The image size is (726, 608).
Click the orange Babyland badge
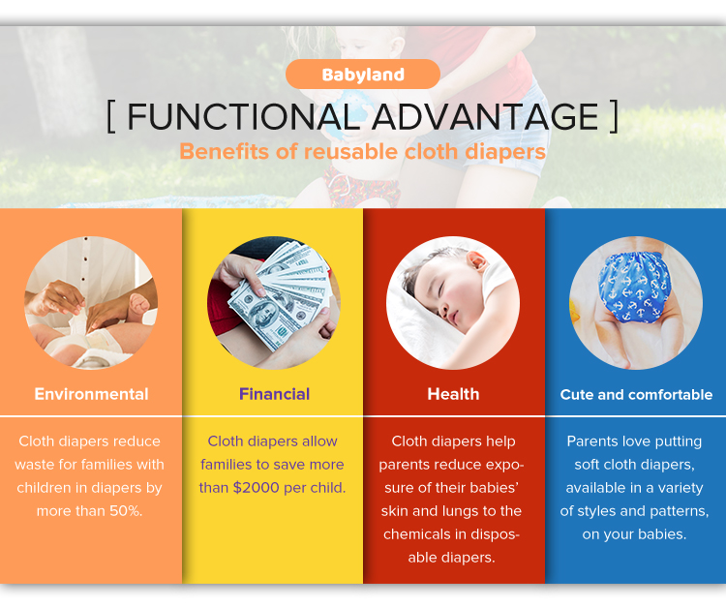point(363,75)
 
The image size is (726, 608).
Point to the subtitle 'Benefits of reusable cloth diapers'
point(362,152)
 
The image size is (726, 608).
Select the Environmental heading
point(91,394)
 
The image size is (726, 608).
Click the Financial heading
point(274,394)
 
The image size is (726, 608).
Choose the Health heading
point(453,394)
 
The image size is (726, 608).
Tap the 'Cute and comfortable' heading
point(636,395)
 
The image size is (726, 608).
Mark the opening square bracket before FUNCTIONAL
point(111,117)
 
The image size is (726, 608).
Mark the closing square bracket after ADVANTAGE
point(614,117)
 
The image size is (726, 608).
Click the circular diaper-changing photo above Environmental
point(91,302)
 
